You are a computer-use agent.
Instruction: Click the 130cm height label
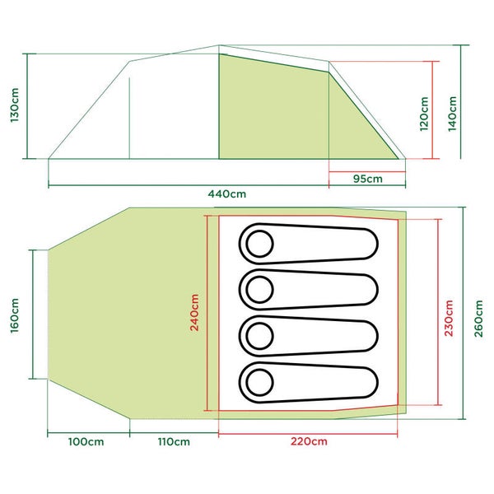pyautogui.click(x=15, y=105)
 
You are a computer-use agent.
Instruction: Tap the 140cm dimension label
pyautogui.click(x=452, y=114)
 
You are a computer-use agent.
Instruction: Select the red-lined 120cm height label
pyautogui.click(x=424, y=114)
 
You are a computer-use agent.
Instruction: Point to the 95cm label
pyautogui.click(x=368, y=179)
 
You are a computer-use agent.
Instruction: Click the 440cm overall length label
pyautogui.click(x=227, y=193)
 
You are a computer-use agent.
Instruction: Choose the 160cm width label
pyautogui.click(x=15, y=315)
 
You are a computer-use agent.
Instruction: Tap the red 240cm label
pyautogui.click(x=194, y=313)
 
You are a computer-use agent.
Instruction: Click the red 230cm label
pyautogui.click(x=449, y=318)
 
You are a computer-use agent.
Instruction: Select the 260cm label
pyautogui.click(x=478, y=319)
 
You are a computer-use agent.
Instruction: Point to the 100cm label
pyautogui.click(x=86, y=441)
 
